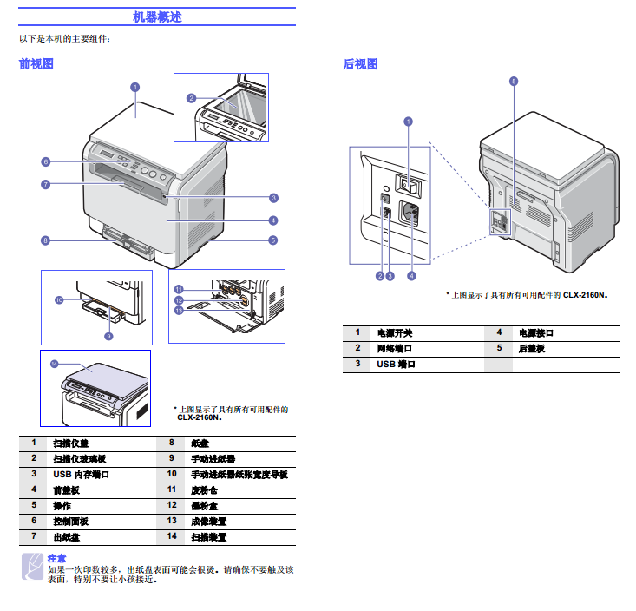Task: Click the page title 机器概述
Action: click(157, 16)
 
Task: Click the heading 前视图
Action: click(36, 63)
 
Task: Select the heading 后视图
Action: click(360, 63)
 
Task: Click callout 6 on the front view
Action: click(45, 161)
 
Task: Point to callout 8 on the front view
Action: click(45, 240)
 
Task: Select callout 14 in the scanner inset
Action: click(53, 363)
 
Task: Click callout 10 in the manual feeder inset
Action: click(59, 300)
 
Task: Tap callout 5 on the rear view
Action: click(514, 81)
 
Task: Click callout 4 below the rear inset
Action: click(411, 276)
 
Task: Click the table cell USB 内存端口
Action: click(81, 474)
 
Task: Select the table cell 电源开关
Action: click(395, 332)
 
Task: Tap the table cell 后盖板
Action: click(532, 348)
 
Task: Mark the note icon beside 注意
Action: click(31, 565)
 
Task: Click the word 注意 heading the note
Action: click(56, 557)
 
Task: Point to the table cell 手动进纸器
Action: click(213, 458)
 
